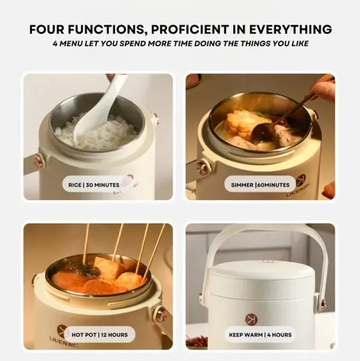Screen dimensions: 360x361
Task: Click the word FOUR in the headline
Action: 47,29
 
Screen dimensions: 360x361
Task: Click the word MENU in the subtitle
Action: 71,44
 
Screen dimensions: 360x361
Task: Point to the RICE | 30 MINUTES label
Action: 94,185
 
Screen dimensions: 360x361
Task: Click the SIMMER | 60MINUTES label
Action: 260,185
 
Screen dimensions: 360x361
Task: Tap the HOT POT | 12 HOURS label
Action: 100,335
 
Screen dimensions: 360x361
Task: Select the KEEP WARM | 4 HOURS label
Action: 260,335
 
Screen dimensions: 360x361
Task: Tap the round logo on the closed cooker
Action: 251,319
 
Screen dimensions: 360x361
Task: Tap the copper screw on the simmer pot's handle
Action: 202,166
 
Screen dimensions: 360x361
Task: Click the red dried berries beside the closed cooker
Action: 197,341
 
